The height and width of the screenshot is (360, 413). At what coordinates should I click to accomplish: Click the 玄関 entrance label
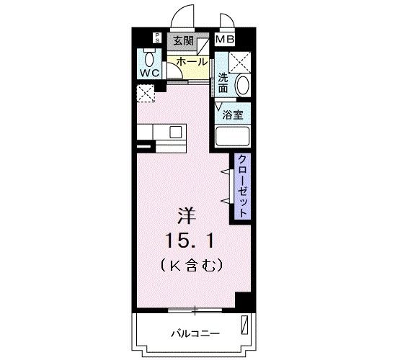coord(183,41)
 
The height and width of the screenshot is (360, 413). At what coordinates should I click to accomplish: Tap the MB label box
coord(226,40)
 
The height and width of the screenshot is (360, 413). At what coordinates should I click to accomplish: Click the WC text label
coord(150,73)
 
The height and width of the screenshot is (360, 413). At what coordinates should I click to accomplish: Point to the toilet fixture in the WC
coord(150,58)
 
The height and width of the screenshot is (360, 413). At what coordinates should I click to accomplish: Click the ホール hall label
coord(192,62)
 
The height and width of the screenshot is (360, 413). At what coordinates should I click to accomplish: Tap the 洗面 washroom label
coord(223,83)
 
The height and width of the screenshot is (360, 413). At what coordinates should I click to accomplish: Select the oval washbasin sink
coord(243,85)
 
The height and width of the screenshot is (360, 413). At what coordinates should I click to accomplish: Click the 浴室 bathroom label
coord(232,114)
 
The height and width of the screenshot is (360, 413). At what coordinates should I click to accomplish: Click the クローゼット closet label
coord(242,186)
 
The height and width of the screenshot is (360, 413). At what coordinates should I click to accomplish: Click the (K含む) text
coord(191,264)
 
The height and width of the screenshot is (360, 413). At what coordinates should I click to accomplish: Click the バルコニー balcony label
coord(195,333)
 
